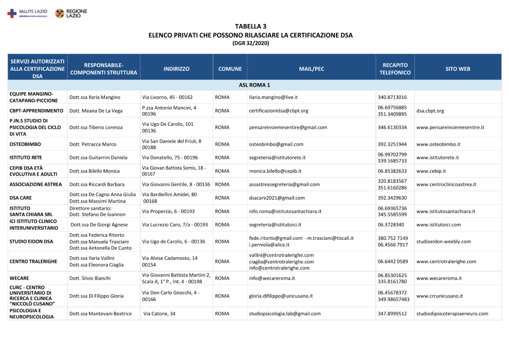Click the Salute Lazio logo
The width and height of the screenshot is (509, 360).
(27, 13)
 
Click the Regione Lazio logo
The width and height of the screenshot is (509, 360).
(71, 13)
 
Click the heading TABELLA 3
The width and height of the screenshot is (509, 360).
(250, 26)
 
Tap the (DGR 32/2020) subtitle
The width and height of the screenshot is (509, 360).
(250, 43)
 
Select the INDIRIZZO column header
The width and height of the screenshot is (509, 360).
(177, 69)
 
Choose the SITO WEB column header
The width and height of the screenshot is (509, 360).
(458, 69)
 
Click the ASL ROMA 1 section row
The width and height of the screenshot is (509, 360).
(254, 85)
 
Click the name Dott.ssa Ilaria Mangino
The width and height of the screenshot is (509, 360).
(95, 97)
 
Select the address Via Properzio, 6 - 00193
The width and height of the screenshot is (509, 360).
(168, 211)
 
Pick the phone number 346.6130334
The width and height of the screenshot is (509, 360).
(392, 127)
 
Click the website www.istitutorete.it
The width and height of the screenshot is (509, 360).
(437, 158)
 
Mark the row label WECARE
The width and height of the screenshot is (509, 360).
(19, 279)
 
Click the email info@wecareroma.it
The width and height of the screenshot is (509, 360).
(272, 279)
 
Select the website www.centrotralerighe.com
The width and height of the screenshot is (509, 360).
(446, 262)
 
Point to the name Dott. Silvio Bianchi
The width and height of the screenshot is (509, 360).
(90, 279)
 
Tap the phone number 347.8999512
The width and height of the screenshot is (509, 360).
(392, 314)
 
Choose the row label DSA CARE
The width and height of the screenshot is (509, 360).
(21, 198)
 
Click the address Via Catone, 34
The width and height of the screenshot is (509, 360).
(159, 314)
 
